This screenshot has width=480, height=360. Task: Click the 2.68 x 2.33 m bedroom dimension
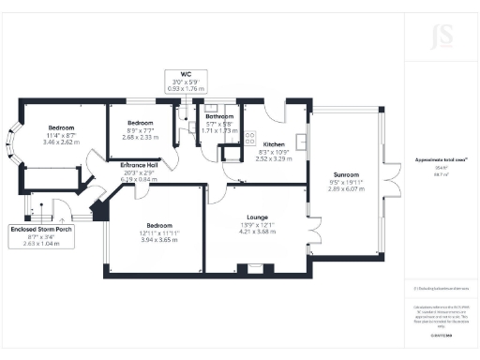click(141, 137)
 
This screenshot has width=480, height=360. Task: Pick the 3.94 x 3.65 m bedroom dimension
click(151, 240)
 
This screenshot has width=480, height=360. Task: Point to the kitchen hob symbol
click(250, 137)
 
